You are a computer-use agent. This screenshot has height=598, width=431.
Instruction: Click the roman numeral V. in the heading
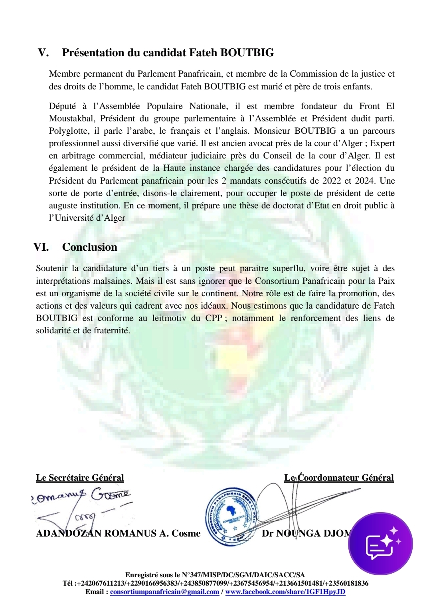[x=43, y=53]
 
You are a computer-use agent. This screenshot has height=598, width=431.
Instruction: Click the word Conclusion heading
[x=89, y=247]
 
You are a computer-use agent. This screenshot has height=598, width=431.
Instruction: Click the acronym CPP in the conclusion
[x=213, y=318]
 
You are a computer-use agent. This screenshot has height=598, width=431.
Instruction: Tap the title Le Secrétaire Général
[x=80, y=478]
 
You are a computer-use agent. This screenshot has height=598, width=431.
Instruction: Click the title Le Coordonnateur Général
[x=339, y=478]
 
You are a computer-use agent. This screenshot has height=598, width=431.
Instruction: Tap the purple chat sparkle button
[x=380, y=544]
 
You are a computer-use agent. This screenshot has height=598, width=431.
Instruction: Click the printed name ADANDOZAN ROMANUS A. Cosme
[x=118, y=534]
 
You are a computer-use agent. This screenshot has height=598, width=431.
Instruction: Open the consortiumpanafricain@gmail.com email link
[x=164, y=592]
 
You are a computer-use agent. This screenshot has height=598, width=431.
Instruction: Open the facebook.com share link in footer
[x=285, y=592]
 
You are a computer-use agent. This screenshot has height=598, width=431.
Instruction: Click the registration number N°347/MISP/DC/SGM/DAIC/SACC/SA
[x=243, y=575]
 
